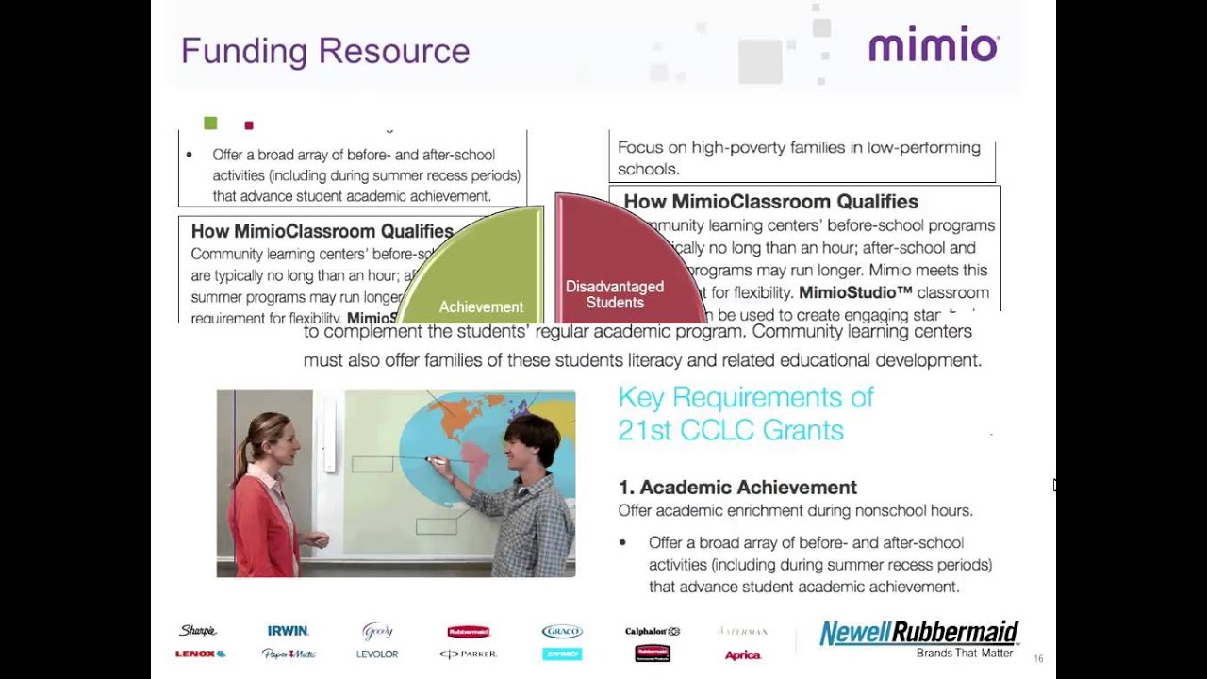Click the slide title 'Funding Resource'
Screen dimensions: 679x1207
point(324,51)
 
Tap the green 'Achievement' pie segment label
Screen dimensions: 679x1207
point(481,306)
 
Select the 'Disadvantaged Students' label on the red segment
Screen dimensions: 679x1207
point(615,294)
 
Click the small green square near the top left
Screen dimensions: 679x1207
point(210,124)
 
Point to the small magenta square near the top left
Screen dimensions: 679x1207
point(249,125)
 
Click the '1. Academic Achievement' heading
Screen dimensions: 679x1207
point(737,488)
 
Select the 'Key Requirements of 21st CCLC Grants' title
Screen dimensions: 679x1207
point(746,413)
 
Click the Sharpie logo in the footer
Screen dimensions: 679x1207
point(198,631)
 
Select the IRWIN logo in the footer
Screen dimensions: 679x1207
point(288,631)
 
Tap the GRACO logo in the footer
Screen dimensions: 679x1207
point(562,632)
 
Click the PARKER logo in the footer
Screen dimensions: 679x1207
point(468,654)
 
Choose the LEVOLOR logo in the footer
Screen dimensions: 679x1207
point(377,654)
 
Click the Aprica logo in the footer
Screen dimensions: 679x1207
point(742,654)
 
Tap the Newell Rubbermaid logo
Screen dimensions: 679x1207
point(918,634)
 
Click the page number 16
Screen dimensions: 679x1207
point(1038,659)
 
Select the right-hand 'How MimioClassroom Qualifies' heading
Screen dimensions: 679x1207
point(770,202)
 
